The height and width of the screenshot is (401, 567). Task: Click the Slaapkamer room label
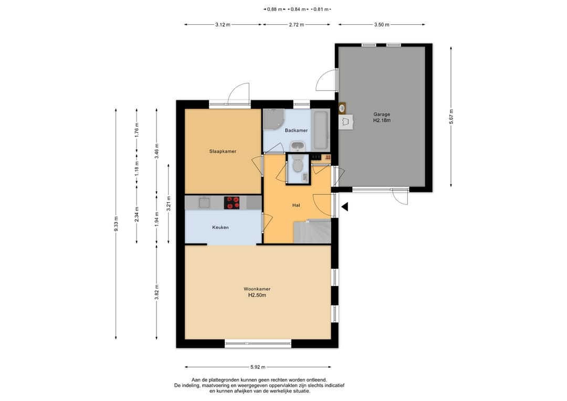pos(223,151)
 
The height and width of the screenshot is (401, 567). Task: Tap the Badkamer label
pos(296,130)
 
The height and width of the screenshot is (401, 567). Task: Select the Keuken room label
pos(220,227)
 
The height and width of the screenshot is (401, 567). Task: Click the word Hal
pos(296,205)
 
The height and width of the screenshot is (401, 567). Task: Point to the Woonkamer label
pos(257,289)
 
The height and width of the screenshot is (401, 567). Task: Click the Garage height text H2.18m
pos(382,120)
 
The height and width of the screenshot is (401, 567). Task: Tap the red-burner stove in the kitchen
pos(232,203)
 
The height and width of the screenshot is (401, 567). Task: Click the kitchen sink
pos(204,202)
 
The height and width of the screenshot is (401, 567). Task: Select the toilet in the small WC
pos(298,164)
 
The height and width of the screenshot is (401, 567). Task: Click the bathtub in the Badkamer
pos(321,130)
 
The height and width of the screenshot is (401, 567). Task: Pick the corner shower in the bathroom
pos(274,119)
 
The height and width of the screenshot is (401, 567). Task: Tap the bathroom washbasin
pos(298,147)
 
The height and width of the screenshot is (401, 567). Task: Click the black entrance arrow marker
pos(344,207)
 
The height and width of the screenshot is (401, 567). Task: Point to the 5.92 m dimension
pos(258,367)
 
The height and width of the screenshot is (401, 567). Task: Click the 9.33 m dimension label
pos(115,224)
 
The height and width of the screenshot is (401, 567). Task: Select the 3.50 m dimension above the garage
pos(382,25)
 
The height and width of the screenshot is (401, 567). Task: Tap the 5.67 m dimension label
pos(451,117)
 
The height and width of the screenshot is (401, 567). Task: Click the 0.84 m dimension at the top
pos(298,9)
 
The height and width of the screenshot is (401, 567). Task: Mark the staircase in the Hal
pos(312,231)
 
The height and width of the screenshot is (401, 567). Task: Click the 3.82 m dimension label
pos(156,292)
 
